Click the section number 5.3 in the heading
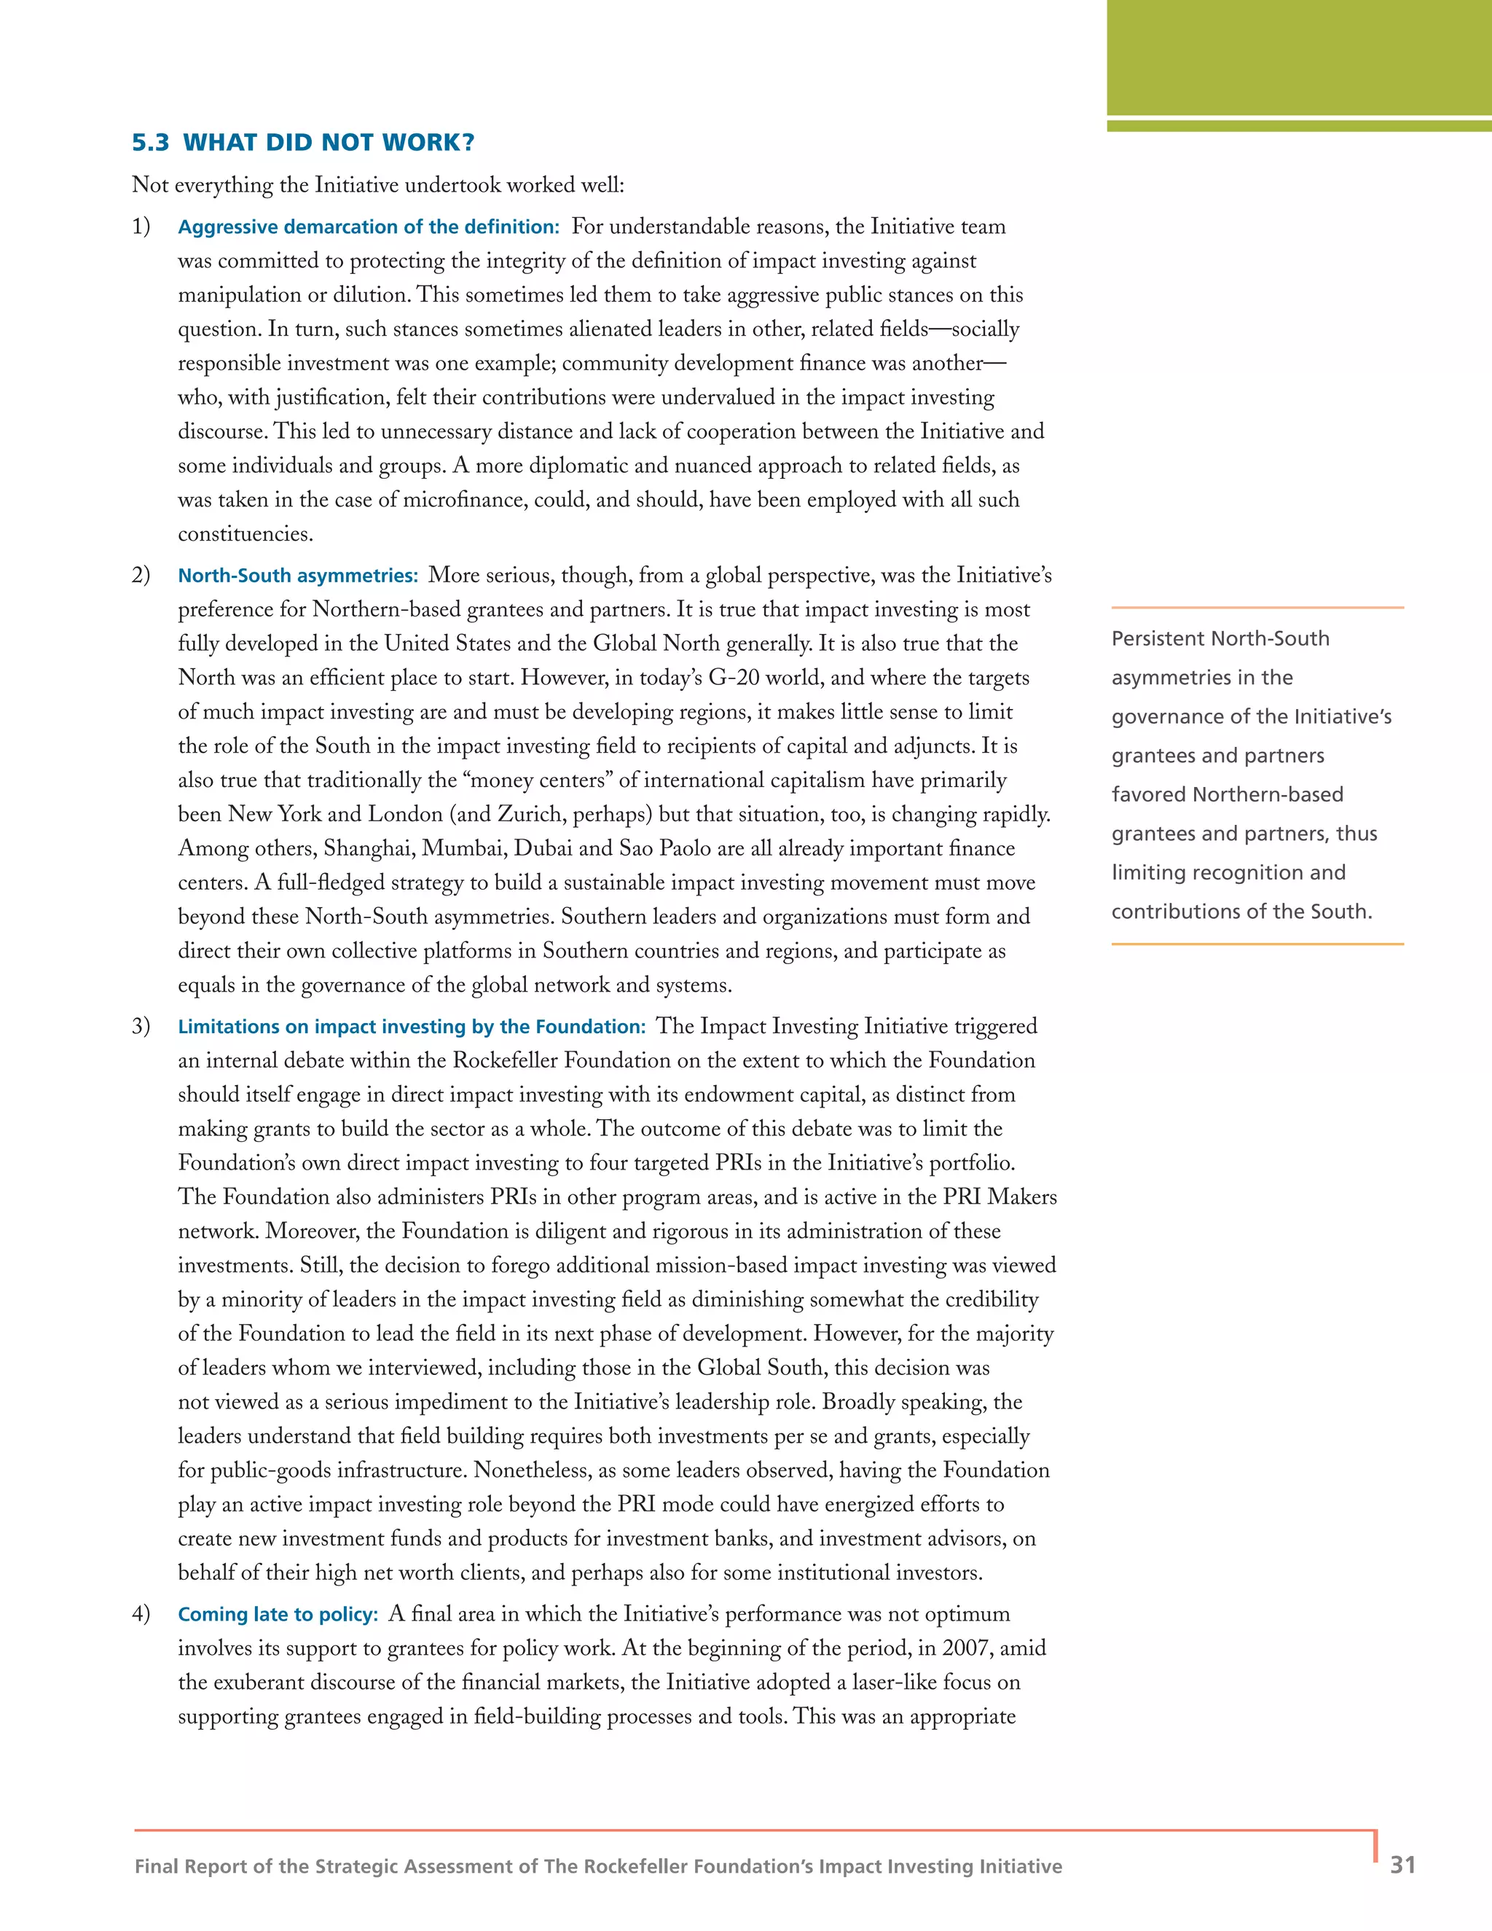point(150,144)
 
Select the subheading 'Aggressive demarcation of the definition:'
point(369,227)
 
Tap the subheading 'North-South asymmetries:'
point(298,576)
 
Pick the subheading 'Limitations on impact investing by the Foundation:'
point(412,1027)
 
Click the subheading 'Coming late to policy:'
point(278,1615)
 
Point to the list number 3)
point(141,1027)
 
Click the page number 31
point(1402,1865)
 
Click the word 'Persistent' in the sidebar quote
point(1148,639)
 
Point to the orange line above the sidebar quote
point(1257,608)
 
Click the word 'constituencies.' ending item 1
point(246,535)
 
